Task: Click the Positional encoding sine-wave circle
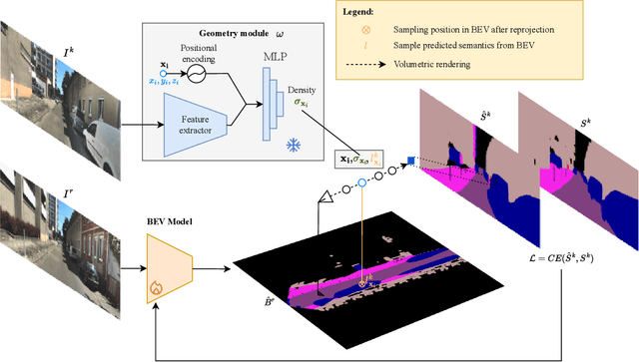pos(211,76)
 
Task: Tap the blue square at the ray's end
pos(410,159)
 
